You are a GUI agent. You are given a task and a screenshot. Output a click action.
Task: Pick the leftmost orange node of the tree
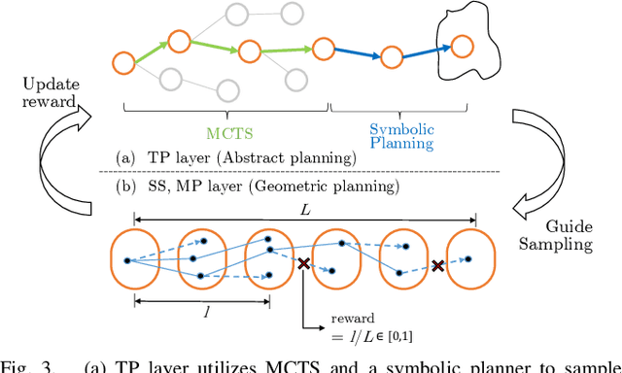(122, 64)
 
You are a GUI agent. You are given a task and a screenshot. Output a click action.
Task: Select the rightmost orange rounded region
(467, 261)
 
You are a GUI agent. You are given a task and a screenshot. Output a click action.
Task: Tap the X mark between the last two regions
(437, 266)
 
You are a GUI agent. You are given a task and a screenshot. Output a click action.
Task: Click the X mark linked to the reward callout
(303, 264)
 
